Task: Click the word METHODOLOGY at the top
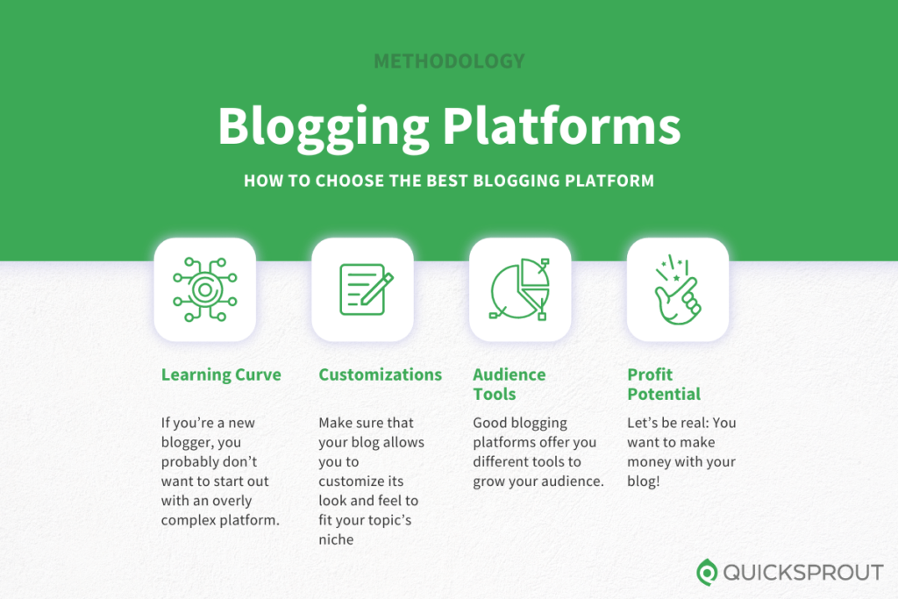click(449, 61)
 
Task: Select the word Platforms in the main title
click(561, 126)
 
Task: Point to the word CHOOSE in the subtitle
click(337, 182)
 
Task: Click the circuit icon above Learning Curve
click(204, 289)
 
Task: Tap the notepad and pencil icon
click(362, 289)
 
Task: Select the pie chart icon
click(520, 289)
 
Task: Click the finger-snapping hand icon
click(677, 289)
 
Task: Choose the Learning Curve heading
click(221, 374)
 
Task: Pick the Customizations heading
click(380, 374)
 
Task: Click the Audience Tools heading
click(509, 384)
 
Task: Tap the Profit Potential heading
click(663, 384)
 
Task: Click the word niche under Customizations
click(337, 539)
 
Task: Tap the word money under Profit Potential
click(649, 461)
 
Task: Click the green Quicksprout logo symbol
click(707, 573)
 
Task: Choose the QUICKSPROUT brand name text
click(802, 573)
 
